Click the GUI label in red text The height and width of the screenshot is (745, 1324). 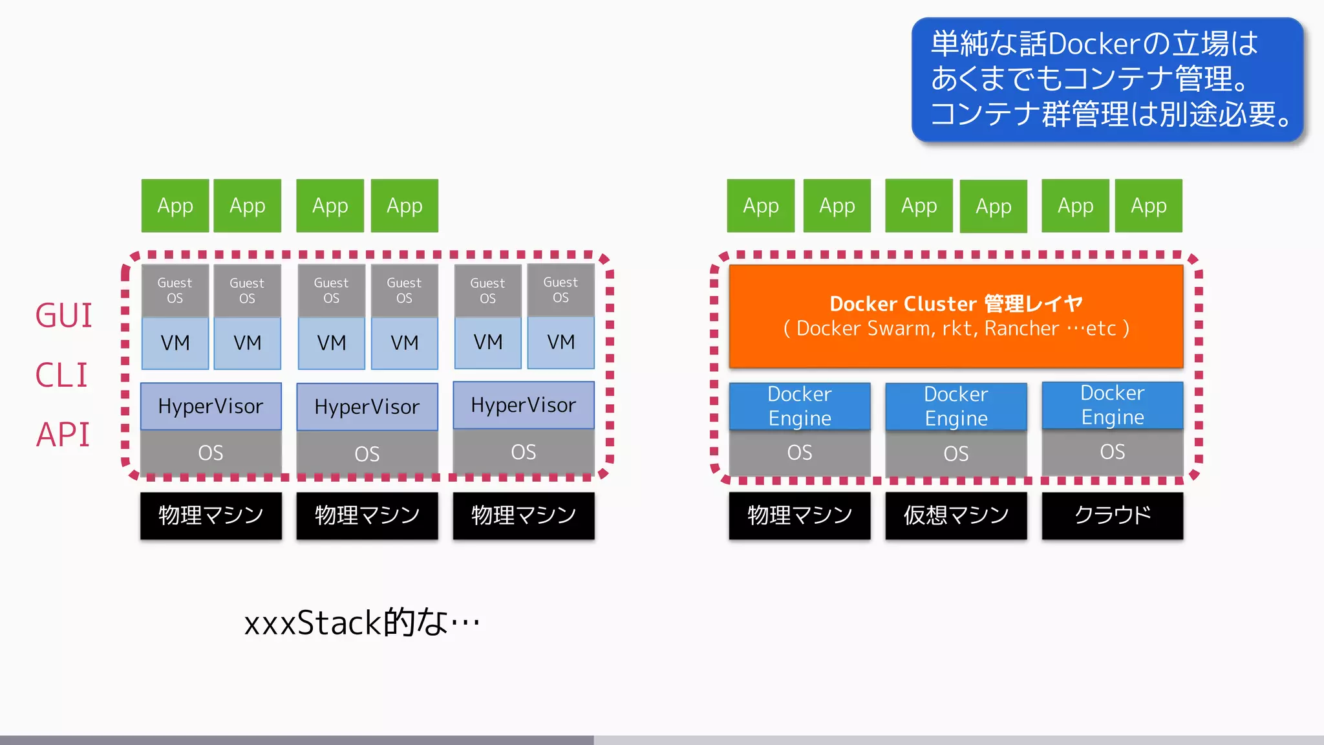point(63,316)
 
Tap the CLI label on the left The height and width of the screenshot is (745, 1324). point(61,375)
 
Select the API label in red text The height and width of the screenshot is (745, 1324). point(63,435)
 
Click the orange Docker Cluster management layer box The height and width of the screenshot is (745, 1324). point(956,316)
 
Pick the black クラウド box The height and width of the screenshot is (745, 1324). point(1112,515)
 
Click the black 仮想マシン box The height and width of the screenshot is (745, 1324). point(956,515)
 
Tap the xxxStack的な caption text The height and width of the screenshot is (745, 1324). point(361,623)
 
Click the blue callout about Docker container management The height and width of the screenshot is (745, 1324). point(1107,79)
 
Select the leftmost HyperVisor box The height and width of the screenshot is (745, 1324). point(211,406)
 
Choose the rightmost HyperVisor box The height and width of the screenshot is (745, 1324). point(523,405)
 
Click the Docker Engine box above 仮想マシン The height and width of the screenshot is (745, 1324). point(956,406)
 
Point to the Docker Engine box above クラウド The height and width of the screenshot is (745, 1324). point(1112,405)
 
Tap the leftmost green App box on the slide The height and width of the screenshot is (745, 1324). point(175,206)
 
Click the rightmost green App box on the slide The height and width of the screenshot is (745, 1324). point(1148,206)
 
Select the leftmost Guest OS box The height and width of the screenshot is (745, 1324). point(175,290)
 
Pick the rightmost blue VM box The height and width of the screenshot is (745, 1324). point(561,342)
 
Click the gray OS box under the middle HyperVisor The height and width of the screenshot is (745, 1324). point(367,453)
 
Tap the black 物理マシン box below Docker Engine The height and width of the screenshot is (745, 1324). point(800,515)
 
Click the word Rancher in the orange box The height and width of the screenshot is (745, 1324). point(1021,329)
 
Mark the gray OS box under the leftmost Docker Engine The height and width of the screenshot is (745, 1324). point(800,453)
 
